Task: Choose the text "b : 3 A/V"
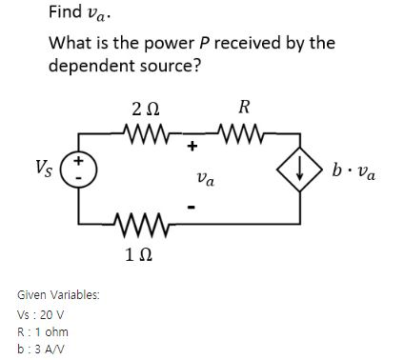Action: (x=42, y=349)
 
